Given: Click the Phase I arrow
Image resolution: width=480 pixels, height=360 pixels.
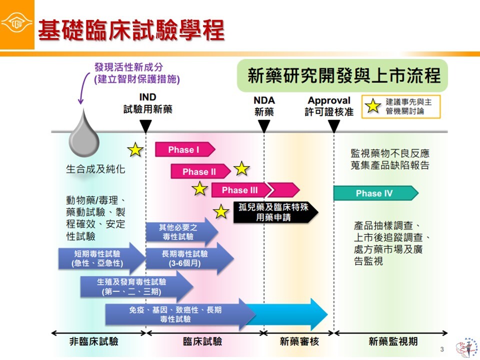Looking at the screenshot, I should coord(184,149).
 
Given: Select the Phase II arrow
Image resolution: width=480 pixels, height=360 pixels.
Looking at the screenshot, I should coord(199,171).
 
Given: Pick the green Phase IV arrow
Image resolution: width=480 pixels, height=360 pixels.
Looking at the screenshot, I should coord(374,193).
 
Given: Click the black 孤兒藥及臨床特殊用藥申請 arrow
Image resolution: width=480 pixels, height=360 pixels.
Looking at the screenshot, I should coord(274,212).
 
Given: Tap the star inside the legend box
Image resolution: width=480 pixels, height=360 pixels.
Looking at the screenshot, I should coord(373,106).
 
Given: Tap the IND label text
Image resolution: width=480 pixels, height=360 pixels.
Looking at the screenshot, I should coord(147,97).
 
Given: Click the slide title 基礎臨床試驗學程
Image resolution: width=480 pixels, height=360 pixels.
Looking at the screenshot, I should coord(131,29).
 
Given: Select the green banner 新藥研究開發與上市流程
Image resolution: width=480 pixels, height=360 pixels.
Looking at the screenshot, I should coord(344,76).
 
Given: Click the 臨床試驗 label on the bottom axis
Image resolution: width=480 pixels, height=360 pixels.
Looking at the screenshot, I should coord(202,342).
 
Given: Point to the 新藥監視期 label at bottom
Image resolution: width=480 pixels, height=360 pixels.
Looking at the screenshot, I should coord(393,342).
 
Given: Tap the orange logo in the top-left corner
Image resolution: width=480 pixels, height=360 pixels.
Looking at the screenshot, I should coord(17,23).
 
